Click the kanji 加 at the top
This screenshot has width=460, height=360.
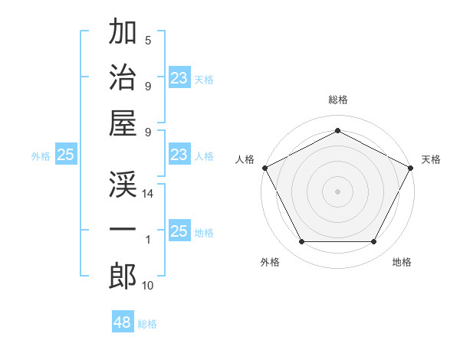coord(123,32)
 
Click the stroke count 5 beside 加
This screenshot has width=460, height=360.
coord(148,41)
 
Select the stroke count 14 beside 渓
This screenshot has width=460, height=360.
coord(148,195)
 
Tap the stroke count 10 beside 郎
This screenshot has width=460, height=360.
coord(148,286)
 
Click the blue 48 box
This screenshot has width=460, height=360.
coord(123,322)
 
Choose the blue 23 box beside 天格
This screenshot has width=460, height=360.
coord(179,78)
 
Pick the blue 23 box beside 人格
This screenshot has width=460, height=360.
coord(179,155)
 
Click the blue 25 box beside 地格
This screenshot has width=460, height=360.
coord(179,232)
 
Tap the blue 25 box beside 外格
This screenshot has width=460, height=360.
coord(65,155)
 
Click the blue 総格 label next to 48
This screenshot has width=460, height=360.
coord(147,324)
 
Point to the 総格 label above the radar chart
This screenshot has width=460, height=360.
coord(337,100)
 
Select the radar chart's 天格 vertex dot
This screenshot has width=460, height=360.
coord(411,167)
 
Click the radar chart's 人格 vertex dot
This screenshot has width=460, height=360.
coord(264,167)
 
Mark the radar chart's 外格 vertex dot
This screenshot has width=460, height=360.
coord(301,242)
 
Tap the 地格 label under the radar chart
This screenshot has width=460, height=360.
coord(402,262)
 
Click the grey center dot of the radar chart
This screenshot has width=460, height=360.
coord(337,191)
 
